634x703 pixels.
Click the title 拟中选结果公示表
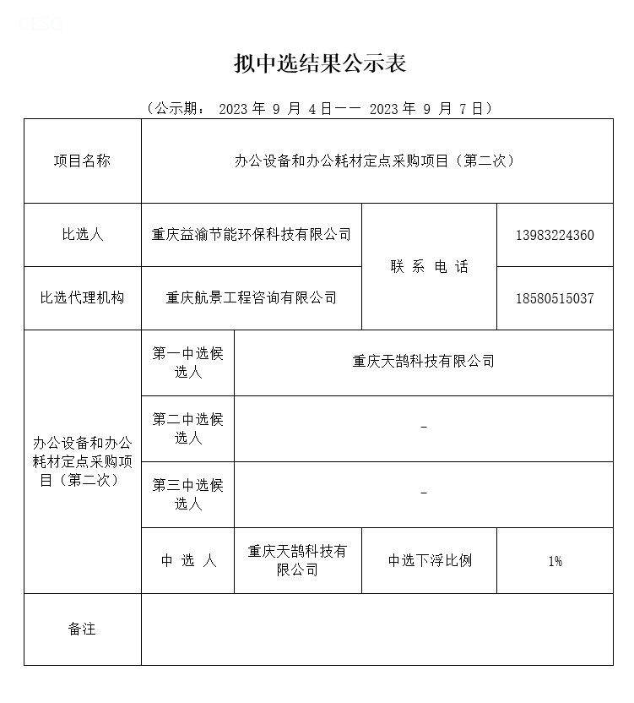(320, 64)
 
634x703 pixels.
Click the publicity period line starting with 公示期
(319, 108)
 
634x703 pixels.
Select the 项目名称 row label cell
(82, 161)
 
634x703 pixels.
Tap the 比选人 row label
(82, 235)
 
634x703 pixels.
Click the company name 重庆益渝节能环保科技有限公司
(251, 235)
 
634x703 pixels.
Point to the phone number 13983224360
(555, 235)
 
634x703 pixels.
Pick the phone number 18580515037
(555, 298)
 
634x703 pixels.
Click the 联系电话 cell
(429, 267)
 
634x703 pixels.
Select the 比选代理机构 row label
(82, 298)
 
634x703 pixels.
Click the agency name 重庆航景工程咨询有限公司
(251, 298)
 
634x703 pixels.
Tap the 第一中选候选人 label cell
(187, 362)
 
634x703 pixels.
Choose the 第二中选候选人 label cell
(187, 428)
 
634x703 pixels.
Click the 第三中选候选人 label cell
(187, 494)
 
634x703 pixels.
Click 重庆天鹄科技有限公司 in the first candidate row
(423, 362)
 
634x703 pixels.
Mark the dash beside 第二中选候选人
(423, 428)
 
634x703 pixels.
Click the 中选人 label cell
(187, 561)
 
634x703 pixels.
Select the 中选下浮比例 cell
(429, 561)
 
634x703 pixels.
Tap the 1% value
(555, 561)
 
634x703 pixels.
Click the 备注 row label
(82, 629)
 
